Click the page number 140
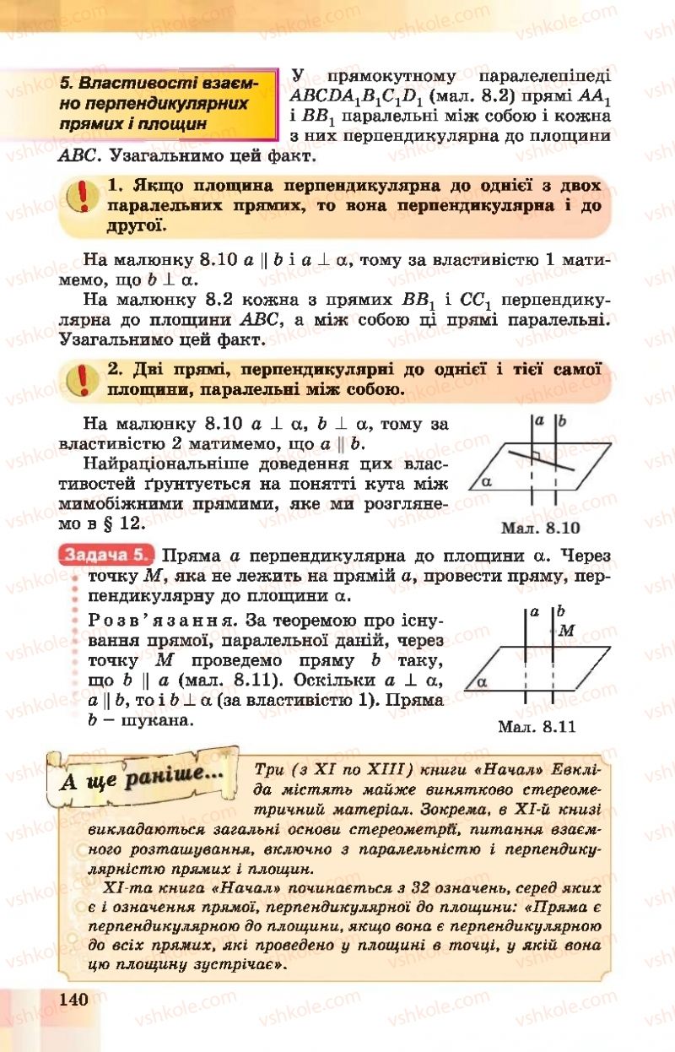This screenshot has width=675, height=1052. pyautogui.click(x=74, y=999)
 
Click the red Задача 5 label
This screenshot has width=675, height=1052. pyautogui.click(x=107, y=557)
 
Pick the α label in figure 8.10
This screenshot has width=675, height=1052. pyautogui.click(x=485, y=482)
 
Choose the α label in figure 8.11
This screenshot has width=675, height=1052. pyautogui.click(x=482, y=680)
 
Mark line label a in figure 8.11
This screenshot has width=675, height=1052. pyautogui.click(x=533, y=611)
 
